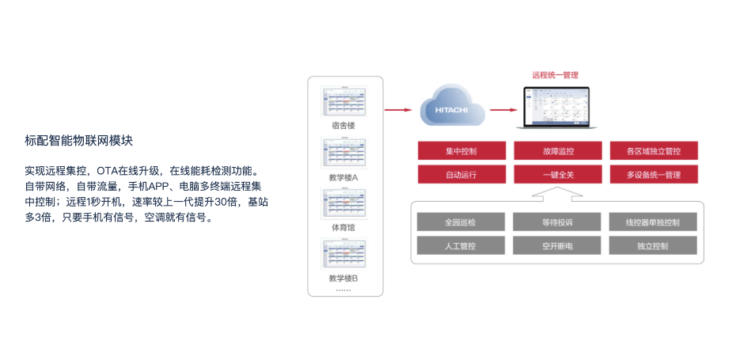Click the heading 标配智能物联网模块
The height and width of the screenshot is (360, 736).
(x=78, y=141)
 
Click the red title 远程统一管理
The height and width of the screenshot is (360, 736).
(x=554, y=74)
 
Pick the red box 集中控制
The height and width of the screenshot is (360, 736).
(x=461, y=150)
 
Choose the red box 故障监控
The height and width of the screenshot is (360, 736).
(x=557, y=150)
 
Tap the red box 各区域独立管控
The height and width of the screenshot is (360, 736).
(x=653, y=150)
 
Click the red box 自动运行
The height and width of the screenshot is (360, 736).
(x=461, y=174)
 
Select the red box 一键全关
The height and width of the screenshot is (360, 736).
(x=557, y=174)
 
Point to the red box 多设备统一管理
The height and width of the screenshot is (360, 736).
(x=653, y=174)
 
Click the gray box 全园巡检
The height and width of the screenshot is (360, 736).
(x=461, y=222)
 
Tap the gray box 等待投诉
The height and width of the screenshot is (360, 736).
(x=557, y=222)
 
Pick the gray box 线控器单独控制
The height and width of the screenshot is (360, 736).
(x=653, y=222)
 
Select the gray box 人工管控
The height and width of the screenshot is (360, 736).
(x=461, y=245)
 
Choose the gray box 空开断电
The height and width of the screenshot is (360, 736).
(x=557, y=245)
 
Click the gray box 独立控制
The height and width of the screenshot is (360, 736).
(x=653, y=245)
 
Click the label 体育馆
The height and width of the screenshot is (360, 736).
(x=343, y=228)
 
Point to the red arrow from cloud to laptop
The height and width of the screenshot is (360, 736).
(x=502, y=110)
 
